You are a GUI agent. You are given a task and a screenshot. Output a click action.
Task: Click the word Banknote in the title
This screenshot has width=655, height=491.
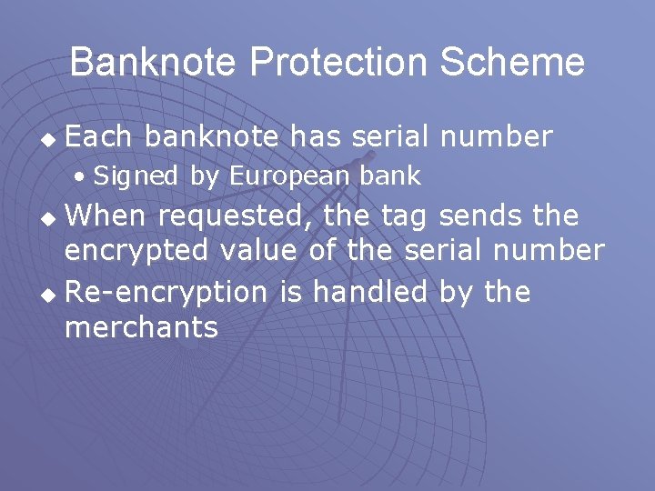click(x=154, y=62)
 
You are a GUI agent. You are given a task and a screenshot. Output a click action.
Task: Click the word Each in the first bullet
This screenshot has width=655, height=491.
click(x=99, y=136)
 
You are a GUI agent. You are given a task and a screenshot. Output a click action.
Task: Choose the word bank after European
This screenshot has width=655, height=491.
click(x=387, y=175)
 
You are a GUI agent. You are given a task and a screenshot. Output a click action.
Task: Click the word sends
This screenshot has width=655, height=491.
click(x=485, y=216)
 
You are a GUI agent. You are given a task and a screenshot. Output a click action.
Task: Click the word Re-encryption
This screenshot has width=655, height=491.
click(x=166, y=293)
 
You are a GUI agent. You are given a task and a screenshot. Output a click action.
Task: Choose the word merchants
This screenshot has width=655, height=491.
click(x=142, y=326)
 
